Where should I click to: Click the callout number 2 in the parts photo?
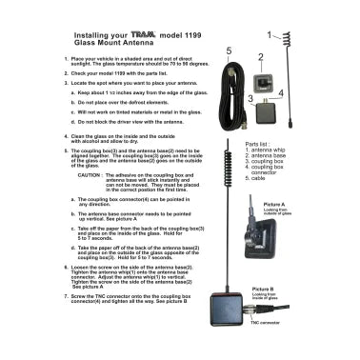coord(260,57)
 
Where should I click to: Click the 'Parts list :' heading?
coord(273,143)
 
